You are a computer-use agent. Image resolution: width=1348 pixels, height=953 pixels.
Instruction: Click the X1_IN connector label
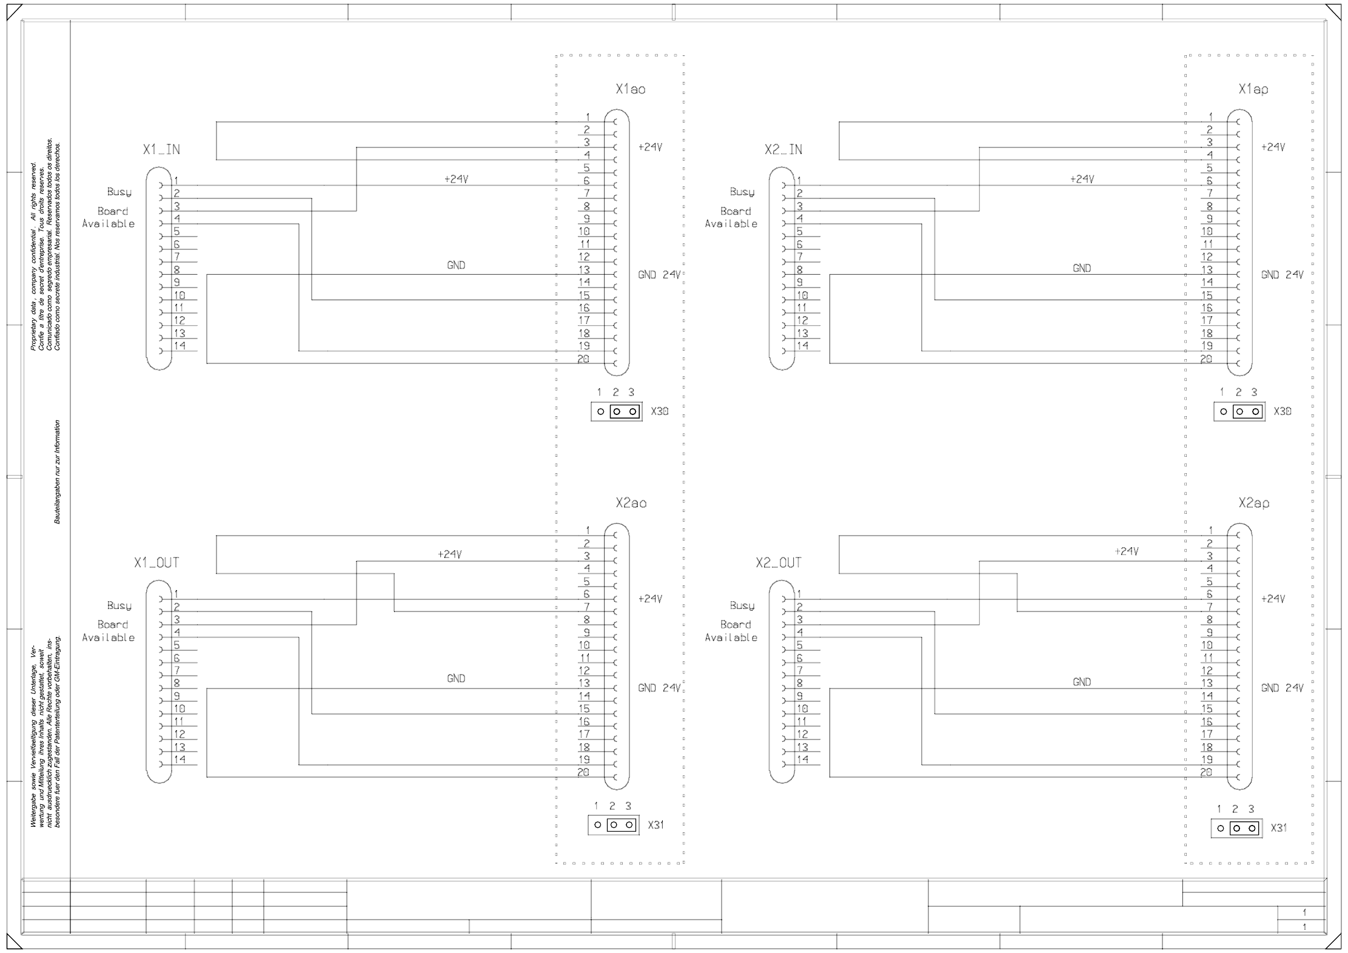pyautogui.click(x=161, y=150)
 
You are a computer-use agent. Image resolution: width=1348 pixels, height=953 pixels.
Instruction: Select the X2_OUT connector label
pyautogui.click(x=778, y=563)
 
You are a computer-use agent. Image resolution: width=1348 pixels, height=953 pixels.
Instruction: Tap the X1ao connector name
pyautogui.click(x=630, y=90)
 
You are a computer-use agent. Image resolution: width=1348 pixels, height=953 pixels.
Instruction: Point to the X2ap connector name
pyautogui.click(x=1253, y=503)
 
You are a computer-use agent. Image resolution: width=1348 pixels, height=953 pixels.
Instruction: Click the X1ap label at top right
pyautogui.click(x=1253, y=90)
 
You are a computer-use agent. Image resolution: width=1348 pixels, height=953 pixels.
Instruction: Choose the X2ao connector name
pyautogui.click(x=631, y=503)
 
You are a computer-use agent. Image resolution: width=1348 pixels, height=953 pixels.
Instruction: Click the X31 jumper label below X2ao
pyautogui.click(x=656, y=825)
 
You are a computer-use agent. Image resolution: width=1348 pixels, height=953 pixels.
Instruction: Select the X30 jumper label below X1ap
pyautogui.click(x=1282, y=411)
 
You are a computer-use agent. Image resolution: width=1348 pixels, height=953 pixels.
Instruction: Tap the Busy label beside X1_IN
pyautogui.click(x=119, y=192)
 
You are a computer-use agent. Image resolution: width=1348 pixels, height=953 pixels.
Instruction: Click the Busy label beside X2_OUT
pyautogui.click(x=742, y=606)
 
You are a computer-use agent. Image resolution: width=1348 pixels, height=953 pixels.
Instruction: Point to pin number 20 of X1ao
pyautogui.click(x=583, y=359)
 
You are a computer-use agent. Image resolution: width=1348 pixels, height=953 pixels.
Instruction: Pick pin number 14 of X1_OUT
pyautogui.click(x=179, y=759)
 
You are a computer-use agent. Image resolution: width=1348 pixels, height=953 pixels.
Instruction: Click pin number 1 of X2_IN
pyautogui.click(x=799, y=180)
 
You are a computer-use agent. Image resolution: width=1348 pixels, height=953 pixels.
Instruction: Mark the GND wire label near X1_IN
pyautogui.click(x=456, y=265)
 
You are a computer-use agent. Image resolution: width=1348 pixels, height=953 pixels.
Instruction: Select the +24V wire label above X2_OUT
pyautogui.click(x=1126, y=551)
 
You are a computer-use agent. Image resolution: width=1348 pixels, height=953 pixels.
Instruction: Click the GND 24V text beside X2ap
pyautogui.click(x=1282, y=688)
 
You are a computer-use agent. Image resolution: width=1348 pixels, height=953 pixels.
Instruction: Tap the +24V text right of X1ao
pyautogui.click(x=650, y=147)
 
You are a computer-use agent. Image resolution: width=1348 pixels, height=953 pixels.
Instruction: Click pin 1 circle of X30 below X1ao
pyautogui.click(x=600, y=411)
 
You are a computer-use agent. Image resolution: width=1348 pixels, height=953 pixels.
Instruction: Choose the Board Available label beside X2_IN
pyautogui.click(x=731, y=218)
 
